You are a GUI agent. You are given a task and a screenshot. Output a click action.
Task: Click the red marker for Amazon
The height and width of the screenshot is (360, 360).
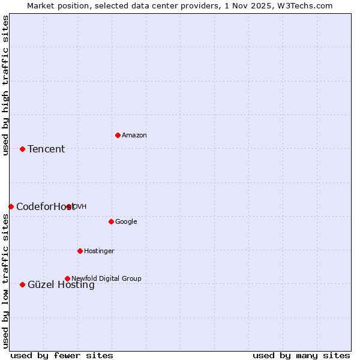(118, 135)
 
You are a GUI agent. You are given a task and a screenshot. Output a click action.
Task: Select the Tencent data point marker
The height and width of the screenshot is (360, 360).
(22, 149)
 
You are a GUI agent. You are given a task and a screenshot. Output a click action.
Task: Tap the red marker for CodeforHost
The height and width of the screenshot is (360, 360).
(11, 206)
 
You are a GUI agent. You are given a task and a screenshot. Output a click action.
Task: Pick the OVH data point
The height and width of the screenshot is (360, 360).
(69, 206)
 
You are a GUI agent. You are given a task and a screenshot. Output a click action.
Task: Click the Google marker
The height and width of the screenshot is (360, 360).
(111, 221)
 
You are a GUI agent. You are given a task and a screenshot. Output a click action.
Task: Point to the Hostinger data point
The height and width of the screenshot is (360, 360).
(80, 251)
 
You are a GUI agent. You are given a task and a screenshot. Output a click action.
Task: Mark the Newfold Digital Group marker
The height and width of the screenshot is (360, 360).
(67, 278)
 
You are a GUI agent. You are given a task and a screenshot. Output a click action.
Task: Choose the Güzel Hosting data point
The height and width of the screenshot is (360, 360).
(22, 284)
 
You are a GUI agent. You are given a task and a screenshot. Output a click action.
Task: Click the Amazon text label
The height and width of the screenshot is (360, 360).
(134, 136)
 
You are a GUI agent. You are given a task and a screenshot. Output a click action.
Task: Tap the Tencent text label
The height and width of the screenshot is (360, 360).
(46, 149)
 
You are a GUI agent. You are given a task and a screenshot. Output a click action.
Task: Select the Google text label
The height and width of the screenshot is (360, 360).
(126, 222)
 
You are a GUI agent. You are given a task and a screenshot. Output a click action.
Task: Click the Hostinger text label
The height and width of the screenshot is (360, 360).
(99, 251)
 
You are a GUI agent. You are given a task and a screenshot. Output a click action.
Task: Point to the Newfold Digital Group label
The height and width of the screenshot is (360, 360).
(106, 279)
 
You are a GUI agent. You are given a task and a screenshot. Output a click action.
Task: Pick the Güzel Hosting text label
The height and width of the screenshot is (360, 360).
(61, 286)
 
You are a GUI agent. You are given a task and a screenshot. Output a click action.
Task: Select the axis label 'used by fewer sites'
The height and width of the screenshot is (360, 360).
(62, 355)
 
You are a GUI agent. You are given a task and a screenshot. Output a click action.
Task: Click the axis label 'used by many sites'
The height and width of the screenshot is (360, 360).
(301, 355)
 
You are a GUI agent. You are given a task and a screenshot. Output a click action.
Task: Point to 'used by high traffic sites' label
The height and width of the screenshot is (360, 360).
(5, 85)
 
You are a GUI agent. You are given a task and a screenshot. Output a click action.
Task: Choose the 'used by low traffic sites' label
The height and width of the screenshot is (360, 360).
(5, 281)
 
